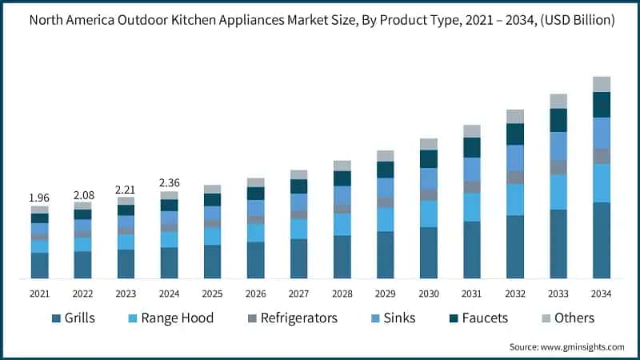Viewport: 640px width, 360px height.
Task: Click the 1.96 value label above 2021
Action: click(x=39, y=197)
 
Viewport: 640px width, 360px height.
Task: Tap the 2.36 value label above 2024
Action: click(x=169, y=182)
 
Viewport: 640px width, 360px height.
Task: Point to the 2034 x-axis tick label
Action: click(x=602, y=294)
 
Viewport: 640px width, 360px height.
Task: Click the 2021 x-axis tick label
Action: click(x=39, y=294)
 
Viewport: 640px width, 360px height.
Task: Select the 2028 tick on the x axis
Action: click(x=342, y=294)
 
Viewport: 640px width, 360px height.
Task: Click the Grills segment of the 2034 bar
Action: click(x=602, y=240)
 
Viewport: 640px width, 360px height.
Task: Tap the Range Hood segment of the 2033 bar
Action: click(x=558, y=192)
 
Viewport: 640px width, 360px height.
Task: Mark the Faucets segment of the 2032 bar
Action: click(x=515, y=134)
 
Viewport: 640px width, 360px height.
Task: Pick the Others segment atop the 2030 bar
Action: click(x=429, y=144)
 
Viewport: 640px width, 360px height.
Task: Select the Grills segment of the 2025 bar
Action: click(x=212, y=262)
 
